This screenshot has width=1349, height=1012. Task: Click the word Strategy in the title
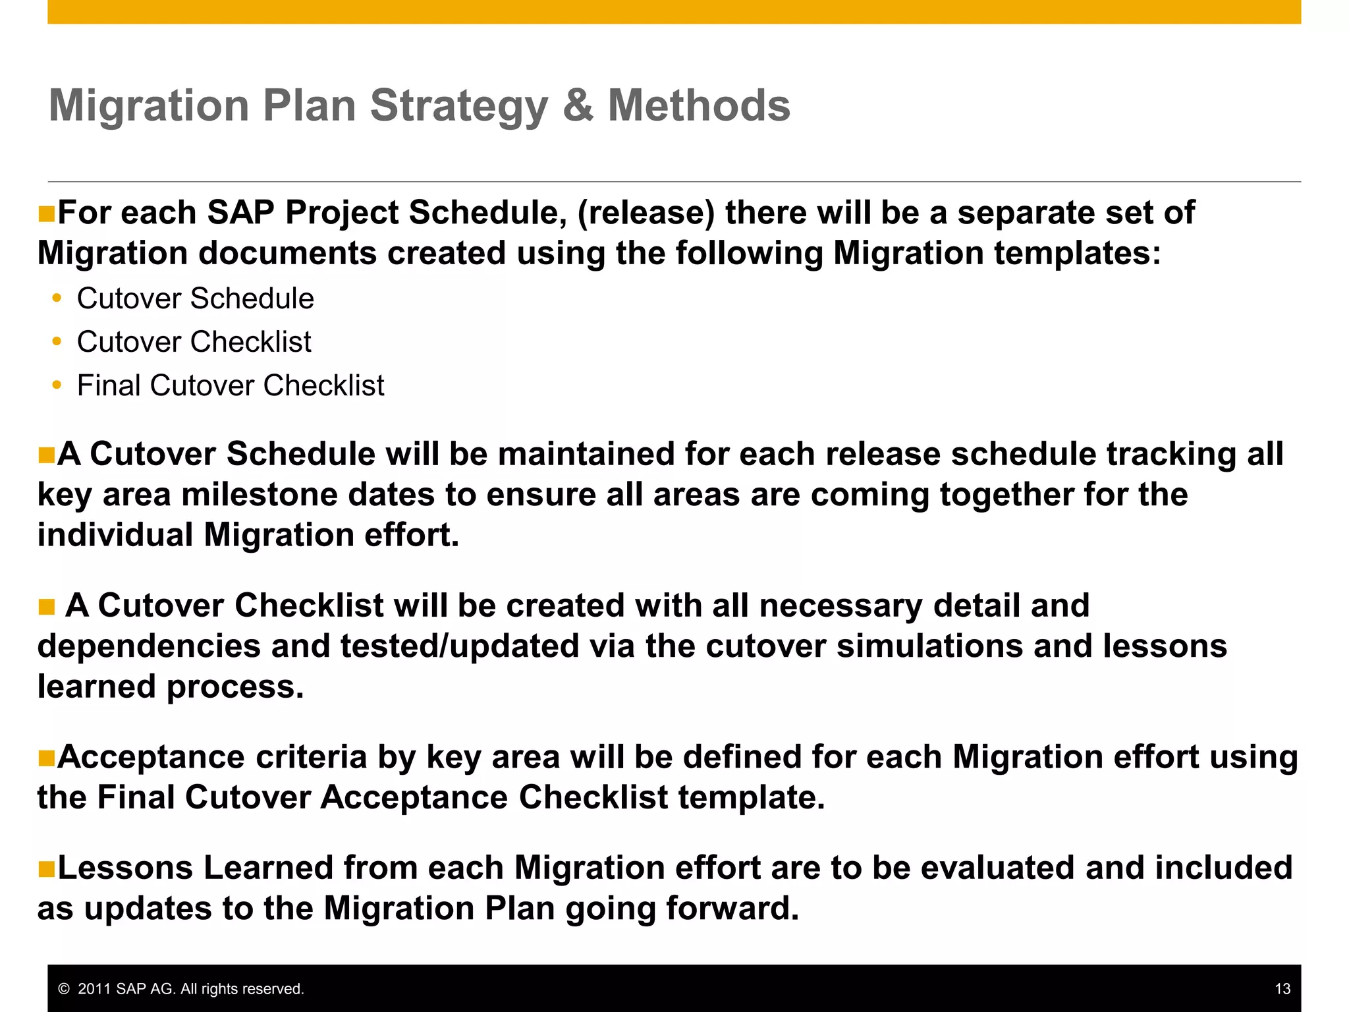tap(459, 107)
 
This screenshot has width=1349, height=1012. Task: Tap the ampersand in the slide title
tap(578, 105)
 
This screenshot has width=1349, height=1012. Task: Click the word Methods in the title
tap(698, 105)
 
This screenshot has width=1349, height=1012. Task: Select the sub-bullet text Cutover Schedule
tap(195, 298)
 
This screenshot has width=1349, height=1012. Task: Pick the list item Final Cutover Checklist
tap(231, 385)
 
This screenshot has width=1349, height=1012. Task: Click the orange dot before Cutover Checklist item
tap(57, 342)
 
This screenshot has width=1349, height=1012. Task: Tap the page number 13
tap(1282, 988)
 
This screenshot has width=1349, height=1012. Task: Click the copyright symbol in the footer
tap(64, 989)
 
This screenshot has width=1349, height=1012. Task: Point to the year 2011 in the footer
tap(94, 989)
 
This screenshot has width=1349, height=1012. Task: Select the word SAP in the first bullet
tap(240, 213)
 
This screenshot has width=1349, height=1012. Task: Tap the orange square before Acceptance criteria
tap(46, 758)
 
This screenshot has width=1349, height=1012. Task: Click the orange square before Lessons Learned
tap(46, 868)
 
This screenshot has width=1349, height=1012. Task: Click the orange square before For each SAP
tap(46, 214)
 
